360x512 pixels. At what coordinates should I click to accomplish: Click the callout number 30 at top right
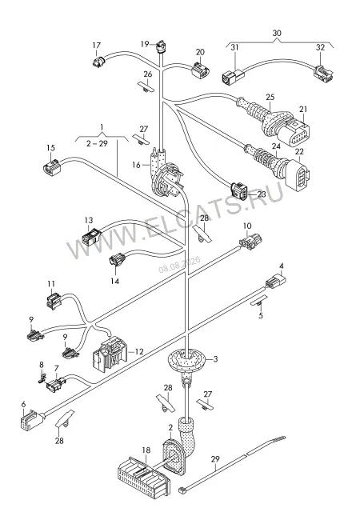click(277, 33)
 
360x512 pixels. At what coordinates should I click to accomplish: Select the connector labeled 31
click(232, 75)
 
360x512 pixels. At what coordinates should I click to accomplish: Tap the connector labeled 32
click(324, 73)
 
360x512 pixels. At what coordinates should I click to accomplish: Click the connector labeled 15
click(52, 167)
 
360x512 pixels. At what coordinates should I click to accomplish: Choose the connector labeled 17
click(98, 61)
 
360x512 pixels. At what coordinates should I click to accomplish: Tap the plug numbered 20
click(200, 70)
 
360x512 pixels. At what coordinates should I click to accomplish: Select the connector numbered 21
click(297, 131)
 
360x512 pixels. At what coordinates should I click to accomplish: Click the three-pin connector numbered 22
click(298, 173)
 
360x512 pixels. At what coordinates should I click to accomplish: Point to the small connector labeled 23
click(239, 189)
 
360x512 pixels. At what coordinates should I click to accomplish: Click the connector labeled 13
click(91, 237)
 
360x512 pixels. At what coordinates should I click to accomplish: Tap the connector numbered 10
click(251, 242)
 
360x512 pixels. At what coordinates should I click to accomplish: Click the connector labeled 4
click(276, 281)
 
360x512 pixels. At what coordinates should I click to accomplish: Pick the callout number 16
click(136, 165)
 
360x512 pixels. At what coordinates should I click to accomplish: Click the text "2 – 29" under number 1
click(97, 143)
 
